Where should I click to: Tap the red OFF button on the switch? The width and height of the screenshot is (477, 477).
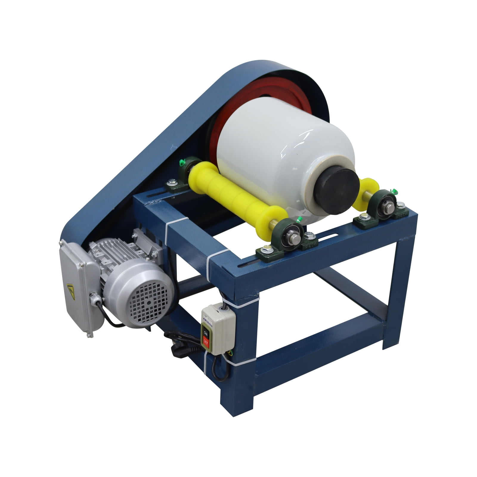[x=205, y=340]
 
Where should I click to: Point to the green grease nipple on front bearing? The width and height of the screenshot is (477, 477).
[x=299, y=220]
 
